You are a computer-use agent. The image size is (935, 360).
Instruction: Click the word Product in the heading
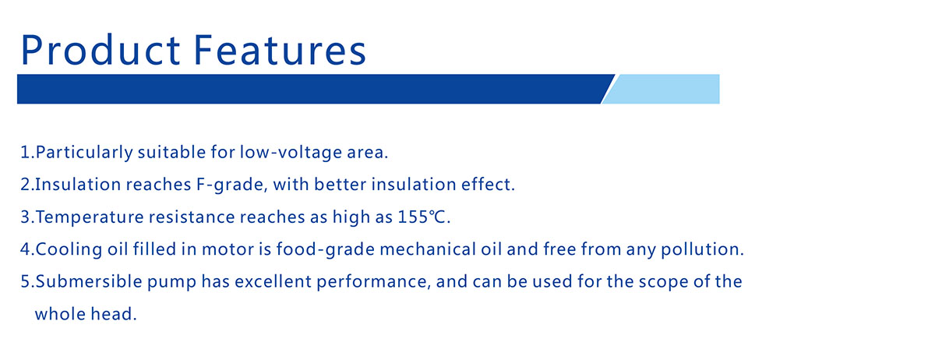(101, 50)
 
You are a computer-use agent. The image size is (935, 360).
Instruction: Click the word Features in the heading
(280, 50)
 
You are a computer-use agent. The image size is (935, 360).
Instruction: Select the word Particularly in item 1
(84, 153)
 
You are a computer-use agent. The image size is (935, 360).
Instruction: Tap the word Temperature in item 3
(90, 217)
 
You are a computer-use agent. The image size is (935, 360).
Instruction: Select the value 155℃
(422, 217)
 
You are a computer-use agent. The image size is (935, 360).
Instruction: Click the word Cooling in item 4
(69, 249)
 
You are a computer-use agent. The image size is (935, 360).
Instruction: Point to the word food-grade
(326, 249)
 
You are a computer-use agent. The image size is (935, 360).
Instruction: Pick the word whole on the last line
(61, 314)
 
